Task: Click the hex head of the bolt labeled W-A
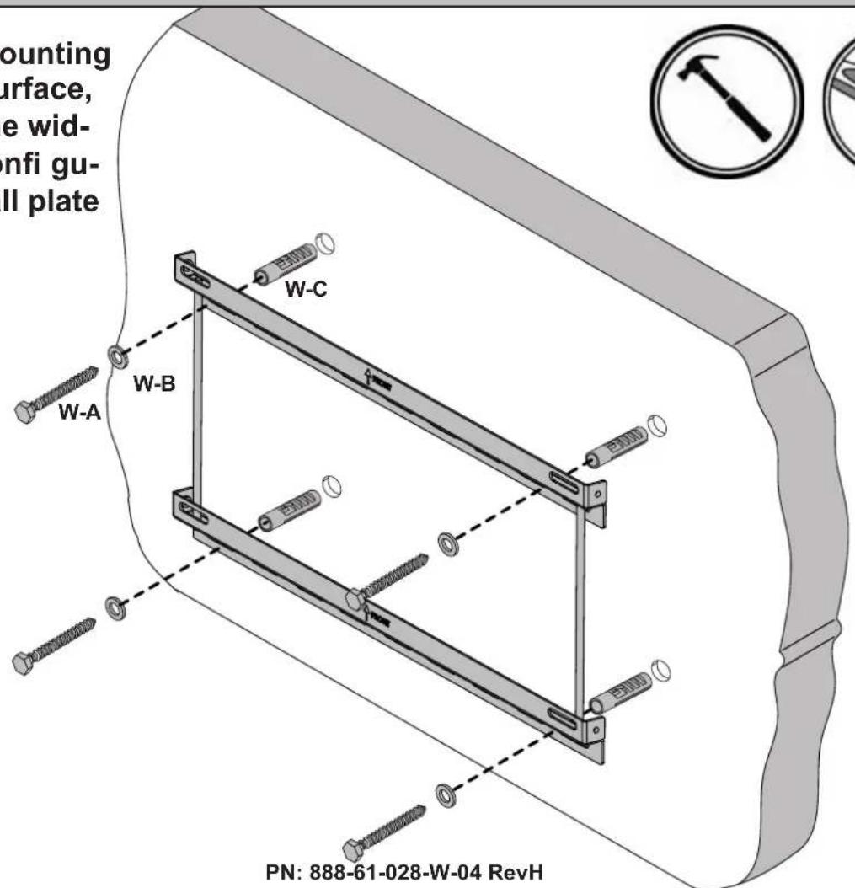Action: (x=26, y=412)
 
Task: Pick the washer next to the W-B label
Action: (x=113, y=355)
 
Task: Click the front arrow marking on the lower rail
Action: (x=369, y=613)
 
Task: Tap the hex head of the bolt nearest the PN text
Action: (x=352, y=849)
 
